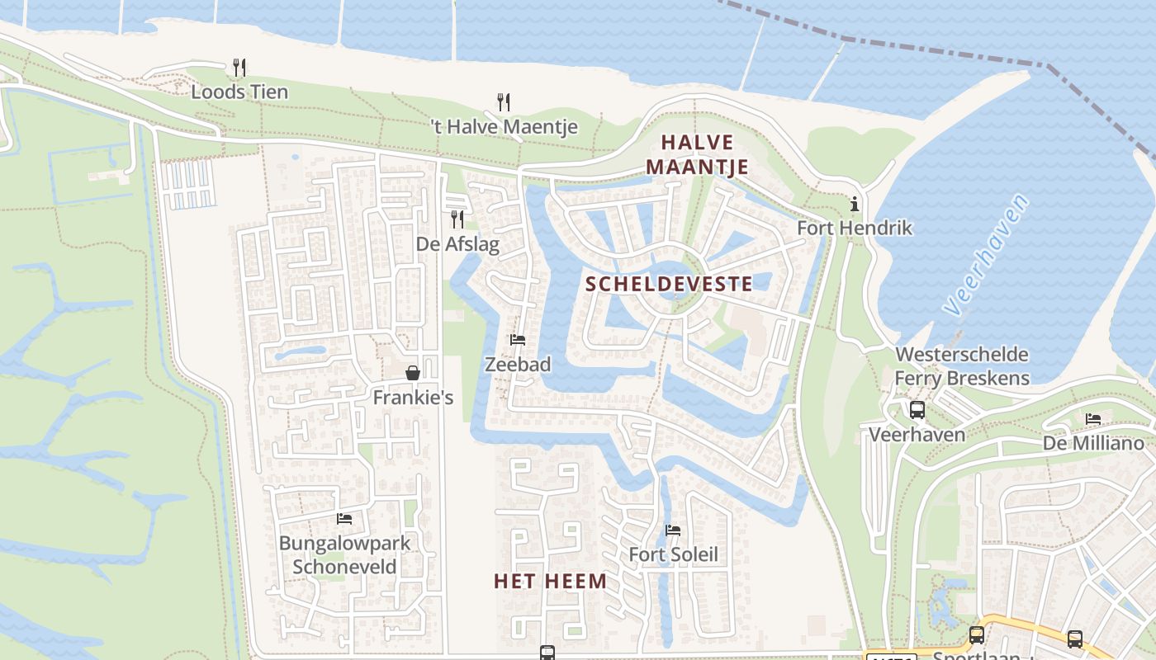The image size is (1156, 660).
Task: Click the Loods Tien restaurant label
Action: (x=239, y=92)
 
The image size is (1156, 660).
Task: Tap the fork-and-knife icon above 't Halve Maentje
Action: (x=504, y=102)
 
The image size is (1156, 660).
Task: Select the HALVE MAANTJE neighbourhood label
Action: (x=697, y=155)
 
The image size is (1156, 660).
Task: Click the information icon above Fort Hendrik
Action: (x=855, y=204)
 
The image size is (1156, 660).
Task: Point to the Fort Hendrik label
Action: (x=855, y=228)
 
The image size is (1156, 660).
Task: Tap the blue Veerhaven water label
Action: (x=987, y=256)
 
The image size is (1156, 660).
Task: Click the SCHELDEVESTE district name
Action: (x=669, y=285)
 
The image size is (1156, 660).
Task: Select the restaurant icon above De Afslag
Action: (x=457, y=219)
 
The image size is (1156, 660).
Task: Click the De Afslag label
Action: (x=457, y=244)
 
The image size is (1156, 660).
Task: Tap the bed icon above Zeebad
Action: (x=518, y=339)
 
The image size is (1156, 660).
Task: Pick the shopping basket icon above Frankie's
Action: (x=413, y=374)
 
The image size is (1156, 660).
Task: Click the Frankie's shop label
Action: (x=413, y=398)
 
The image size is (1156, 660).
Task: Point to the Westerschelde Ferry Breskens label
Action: (x=962, y=366)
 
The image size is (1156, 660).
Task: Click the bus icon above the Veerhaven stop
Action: (x=917, y=410)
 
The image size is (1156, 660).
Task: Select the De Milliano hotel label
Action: (x=1093, y=443)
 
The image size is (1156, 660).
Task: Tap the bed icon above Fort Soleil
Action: (x=673, y=530)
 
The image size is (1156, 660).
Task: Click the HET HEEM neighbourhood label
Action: (x=550, y=582)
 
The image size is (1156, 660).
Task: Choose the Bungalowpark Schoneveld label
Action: (x=344, y=555)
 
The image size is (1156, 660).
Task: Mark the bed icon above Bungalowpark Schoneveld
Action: (x=344, y=519)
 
